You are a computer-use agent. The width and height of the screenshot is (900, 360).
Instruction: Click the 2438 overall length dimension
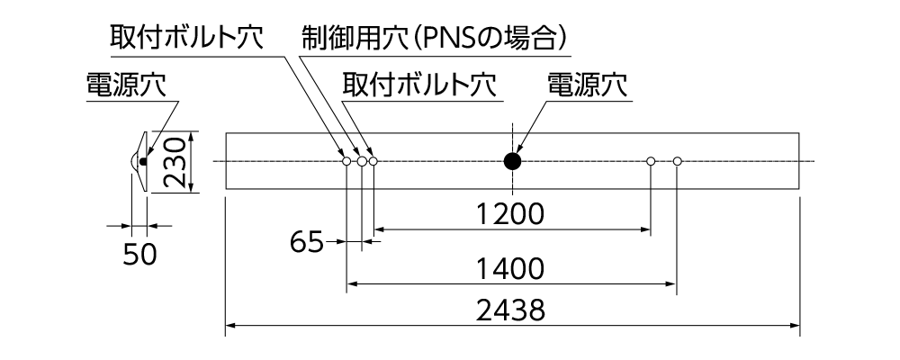coord(512,310)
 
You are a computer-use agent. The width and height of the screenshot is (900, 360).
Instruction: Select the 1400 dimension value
coord(511,268)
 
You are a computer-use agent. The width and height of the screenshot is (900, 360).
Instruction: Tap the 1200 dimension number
coord(510,214)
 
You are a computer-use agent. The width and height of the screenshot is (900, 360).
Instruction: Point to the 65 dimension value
coord(307,242)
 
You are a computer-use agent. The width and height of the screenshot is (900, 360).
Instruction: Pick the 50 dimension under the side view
coord(139,255)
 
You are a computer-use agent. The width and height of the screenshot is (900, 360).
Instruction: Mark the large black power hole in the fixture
coord(512,161)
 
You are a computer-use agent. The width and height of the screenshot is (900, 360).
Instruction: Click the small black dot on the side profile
coord(142,161)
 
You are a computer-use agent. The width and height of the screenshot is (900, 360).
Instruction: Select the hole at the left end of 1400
coord(346,161)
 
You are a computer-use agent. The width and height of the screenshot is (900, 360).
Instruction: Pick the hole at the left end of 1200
coord(373,161)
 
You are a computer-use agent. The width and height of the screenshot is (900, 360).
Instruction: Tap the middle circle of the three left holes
coord(362,161)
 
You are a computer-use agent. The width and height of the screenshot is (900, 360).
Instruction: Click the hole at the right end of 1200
coord(651,161)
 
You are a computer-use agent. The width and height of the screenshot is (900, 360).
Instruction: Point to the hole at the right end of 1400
coord(678,161)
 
